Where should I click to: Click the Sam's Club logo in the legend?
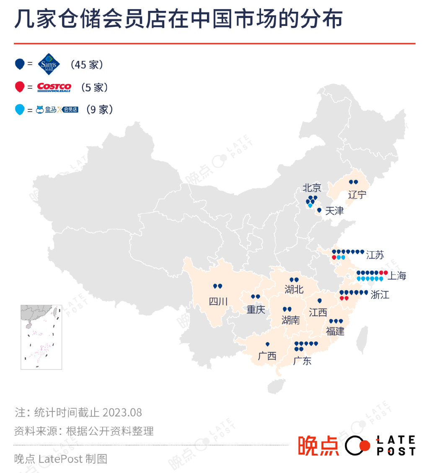pos(49,64)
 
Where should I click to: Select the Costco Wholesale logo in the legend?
pos(54,87)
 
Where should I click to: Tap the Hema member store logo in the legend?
pos(57,110)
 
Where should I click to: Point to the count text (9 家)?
pos(99,110)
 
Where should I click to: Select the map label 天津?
pos(334,211)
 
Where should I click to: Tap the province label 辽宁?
pos(357,194)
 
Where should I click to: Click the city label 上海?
pos(396,276)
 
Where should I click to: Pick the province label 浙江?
pos(380,295)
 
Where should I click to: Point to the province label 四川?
pos(218,301)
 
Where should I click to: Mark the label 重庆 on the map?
pos(256,310)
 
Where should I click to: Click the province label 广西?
pos(267,356)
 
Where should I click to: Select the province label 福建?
pos(335,331)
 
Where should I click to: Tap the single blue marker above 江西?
pos(320,300)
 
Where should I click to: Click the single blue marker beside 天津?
pos(319,210)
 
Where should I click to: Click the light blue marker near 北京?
pos(310,205)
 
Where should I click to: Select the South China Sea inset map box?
pos(41,337)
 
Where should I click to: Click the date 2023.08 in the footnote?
pos(122,413)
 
